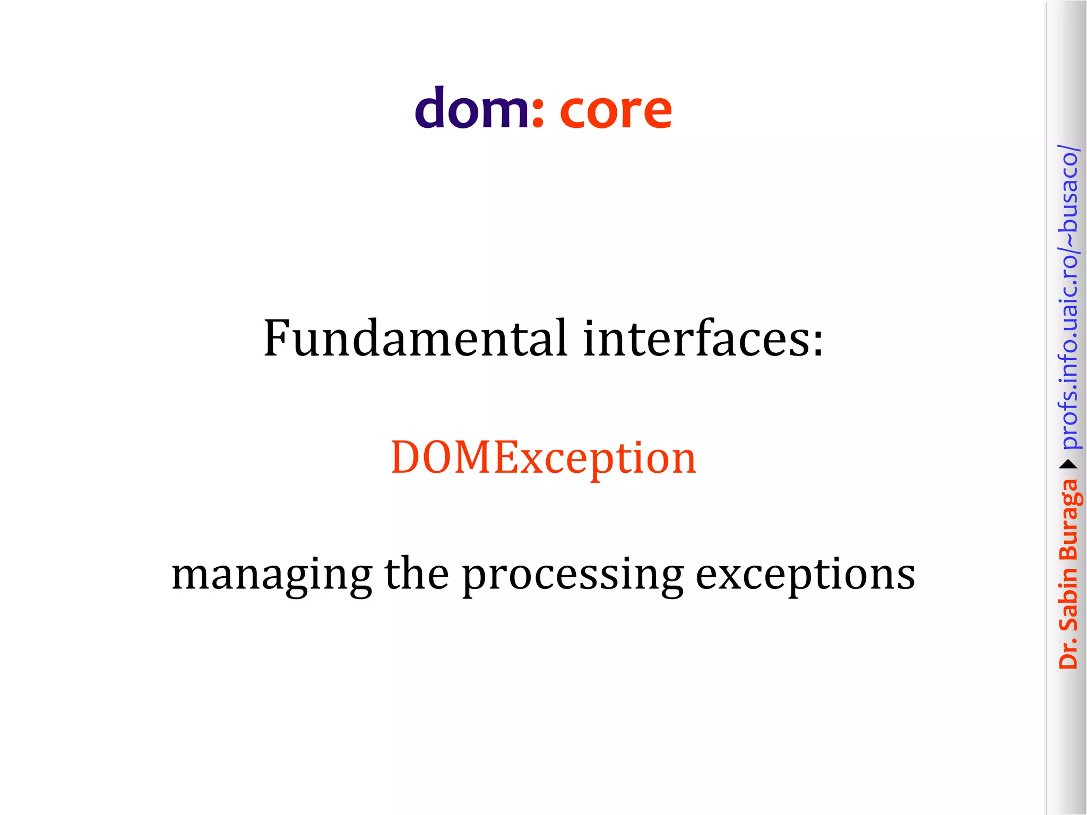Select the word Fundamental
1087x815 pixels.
tap(416, 338)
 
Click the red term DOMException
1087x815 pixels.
tap(543, 457)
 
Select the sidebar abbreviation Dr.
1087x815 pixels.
tap(1069, 653)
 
